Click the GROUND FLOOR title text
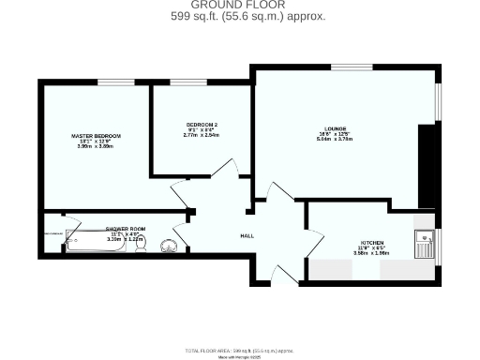239,5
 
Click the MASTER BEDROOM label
97,136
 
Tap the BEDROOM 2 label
202,125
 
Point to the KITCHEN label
365,241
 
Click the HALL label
247,235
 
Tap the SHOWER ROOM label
125,229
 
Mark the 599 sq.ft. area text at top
247,17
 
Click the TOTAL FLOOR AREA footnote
239,347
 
